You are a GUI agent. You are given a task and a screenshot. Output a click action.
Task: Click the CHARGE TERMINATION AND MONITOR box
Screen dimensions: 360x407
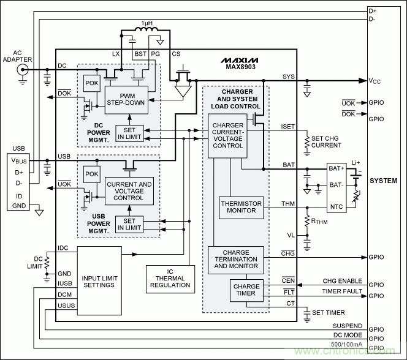coord(236,260)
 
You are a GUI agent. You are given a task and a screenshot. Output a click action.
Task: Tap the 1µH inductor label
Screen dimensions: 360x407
coord(147,23)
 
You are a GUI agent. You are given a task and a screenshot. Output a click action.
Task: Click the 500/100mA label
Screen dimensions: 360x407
coord(346,345)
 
